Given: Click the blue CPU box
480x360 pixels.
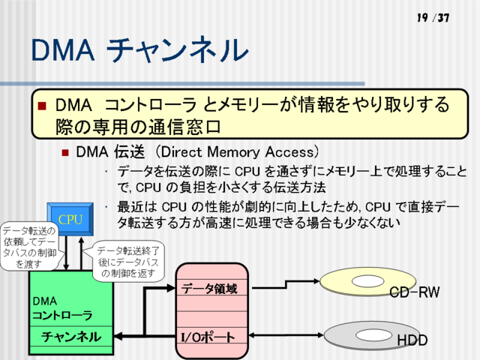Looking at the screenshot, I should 70,219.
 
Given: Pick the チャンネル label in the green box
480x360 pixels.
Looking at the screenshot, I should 71,337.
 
